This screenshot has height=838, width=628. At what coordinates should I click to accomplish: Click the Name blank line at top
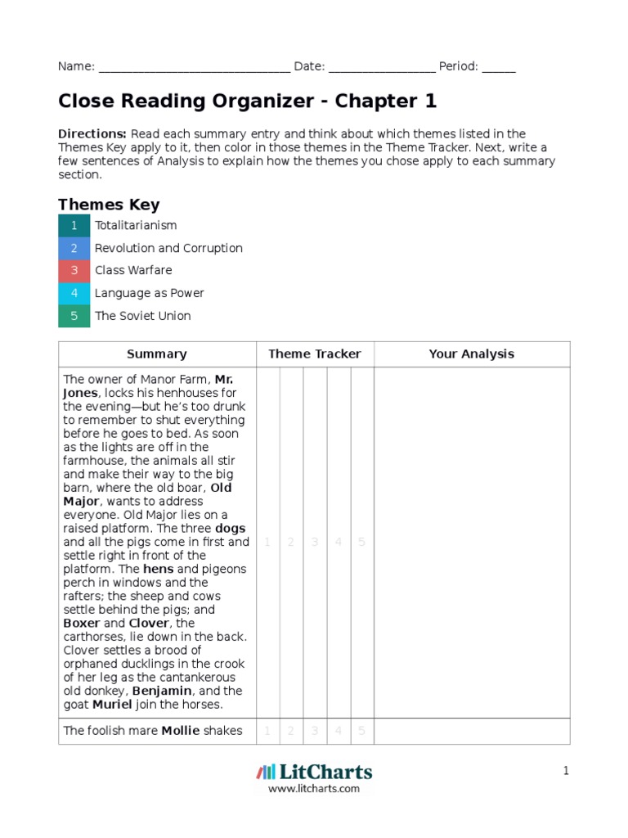pos(194,67)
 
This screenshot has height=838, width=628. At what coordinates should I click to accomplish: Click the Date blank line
pos(382,67)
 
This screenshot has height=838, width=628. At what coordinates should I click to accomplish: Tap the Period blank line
pos(499,67)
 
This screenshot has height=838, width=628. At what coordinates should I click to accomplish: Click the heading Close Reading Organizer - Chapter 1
pos(247,101)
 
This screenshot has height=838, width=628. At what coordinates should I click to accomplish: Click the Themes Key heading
pos(109,205)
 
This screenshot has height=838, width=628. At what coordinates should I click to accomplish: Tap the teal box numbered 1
pos(74,226)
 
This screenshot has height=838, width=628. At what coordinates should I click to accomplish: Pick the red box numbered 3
pos(74,271)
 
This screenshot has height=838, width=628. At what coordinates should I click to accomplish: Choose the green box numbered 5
pos(74,316)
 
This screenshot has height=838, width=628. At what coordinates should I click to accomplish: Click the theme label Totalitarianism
pos(136,226)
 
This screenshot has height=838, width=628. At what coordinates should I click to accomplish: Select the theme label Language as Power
pos(150,293)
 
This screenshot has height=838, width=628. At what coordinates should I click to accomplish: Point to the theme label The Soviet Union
pos(143,316)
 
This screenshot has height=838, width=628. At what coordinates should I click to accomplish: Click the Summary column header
pos(157,354)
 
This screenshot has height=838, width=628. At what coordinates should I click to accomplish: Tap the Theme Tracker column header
pos(315,354)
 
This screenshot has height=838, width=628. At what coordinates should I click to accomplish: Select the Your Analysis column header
pos(472,354)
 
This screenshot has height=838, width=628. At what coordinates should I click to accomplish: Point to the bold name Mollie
pos(180,731)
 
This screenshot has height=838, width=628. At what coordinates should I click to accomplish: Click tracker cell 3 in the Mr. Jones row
pos(315,543)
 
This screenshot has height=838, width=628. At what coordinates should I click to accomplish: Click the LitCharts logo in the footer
pos(314,772)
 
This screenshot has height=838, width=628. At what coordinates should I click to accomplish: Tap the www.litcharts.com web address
pos(314,789)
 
